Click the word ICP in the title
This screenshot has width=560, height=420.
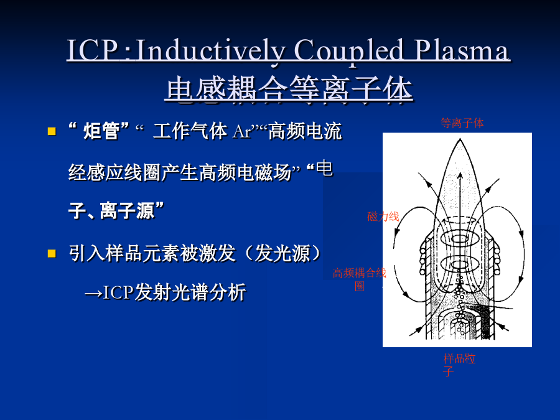click(93, 50)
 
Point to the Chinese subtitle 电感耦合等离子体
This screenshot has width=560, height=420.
click(289, 90)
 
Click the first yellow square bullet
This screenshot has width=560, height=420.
click(52, 131)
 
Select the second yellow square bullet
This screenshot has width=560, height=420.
click(52, 254)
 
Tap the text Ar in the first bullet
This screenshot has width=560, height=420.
click(242, 131)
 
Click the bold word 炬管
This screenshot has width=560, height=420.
click(101, 131)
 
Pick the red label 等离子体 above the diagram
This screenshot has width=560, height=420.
click(462, 123)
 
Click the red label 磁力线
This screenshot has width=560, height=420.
click(383, 217)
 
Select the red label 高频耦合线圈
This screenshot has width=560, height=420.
click(359, 279)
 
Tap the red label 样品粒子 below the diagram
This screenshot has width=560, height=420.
click(459, 365)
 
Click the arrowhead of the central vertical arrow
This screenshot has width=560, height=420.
click(460, 175)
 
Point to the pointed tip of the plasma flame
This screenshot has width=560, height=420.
click(460, 139)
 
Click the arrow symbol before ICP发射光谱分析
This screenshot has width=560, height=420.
click(93, 294)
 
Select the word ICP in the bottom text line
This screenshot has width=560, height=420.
click(118, 292)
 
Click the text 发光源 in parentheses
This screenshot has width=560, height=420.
click(282, 254)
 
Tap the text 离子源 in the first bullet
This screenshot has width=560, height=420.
click(127, 211)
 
